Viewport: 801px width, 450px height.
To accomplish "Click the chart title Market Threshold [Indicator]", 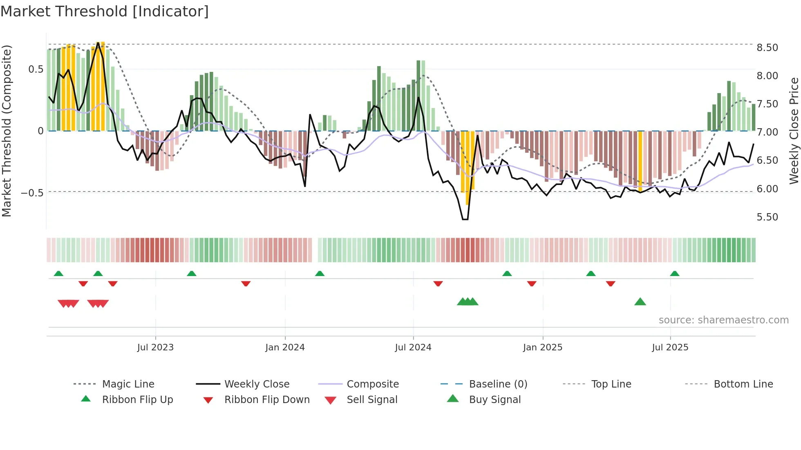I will coord(105,11).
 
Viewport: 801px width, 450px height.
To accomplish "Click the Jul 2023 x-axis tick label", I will coord(155,348).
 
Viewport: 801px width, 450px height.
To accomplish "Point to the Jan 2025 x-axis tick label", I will coord(543,348).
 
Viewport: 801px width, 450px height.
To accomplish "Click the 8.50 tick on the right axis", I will coord(767,48).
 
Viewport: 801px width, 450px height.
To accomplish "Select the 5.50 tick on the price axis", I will coord(767,217).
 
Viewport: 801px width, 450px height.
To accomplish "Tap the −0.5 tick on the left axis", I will coord(32,193).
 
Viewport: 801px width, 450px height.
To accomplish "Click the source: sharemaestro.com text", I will coord(723,320).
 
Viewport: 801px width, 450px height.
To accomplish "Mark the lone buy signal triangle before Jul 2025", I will coord(640,302).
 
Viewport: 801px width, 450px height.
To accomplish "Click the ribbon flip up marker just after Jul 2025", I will coord(675,274).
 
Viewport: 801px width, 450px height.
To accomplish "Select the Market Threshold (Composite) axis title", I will coord(7,131).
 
